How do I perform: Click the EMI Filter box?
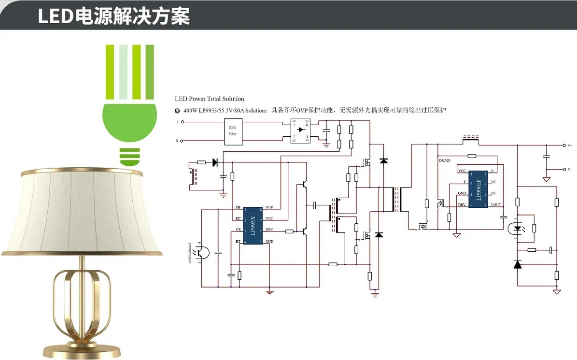(233, 131)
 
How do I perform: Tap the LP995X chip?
(252, 225)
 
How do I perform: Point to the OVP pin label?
(269, 208)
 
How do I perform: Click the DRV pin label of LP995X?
(269, 230)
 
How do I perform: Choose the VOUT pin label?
(496, 205)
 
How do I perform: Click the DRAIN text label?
(445, 159)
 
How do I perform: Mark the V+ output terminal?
(564, 145)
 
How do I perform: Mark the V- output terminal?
(564, 170)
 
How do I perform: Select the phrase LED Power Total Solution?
(210, 99)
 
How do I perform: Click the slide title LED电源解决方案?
(114, 16)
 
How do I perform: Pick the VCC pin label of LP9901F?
(462, 171)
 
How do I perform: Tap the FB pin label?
(238, 208)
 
